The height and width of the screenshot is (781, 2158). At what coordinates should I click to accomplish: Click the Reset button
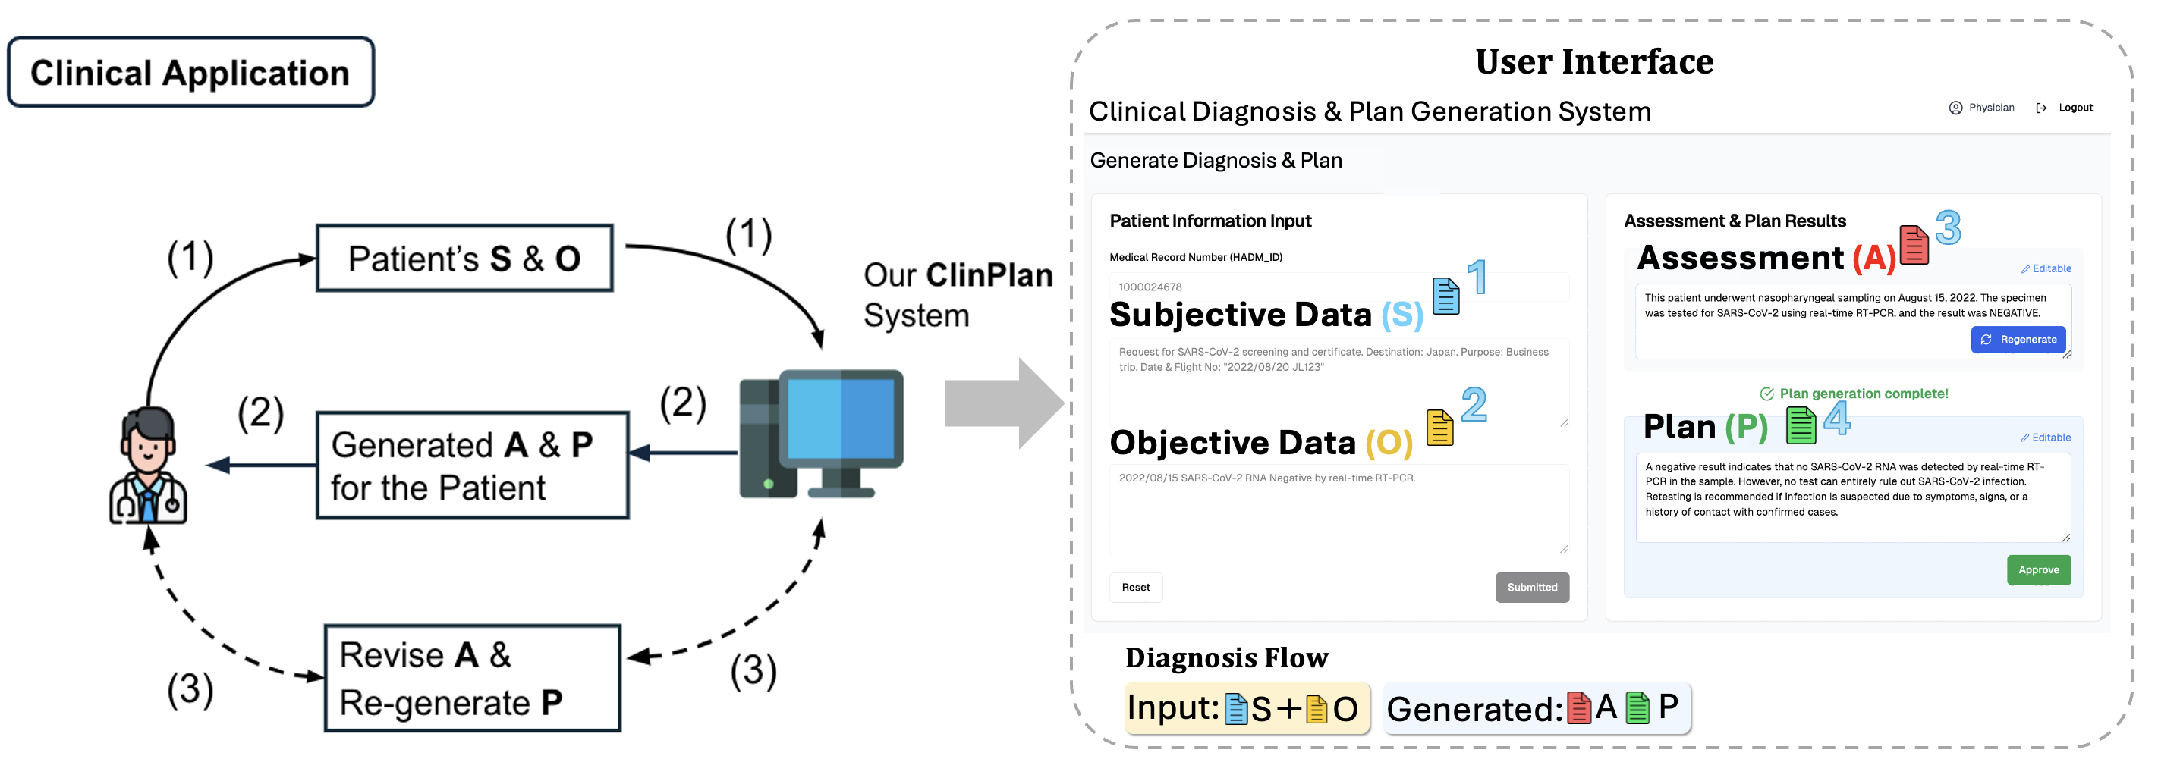click(1135, 587)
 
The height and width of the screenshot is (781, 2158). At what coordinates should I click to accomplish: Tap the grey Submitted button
click(1531, 587)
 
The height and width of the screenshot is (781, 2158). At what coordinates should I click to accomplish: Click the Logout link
click(2075, 108)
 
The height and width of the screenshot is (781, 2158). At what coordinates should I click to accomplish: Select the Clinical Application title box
click(190, 73)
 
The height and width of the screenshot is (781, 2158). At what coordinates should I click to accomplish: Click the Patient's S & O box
click(464, 259)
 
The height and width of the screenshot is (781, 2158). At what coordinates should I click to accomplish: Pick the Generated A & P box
click(472, 466)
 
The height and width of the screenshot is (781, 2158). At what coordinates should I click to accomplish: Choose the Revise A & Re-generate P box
click(472, 678)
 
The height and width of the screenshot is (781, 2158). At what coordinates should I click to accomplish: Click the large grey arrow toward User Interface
click(1002, 403)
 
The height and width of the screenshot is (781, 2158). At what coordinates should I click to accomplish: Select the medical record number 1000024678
click(1150, 287)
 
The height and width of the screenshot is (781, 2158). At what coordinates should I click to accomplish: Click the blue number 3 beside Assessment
click(1948, 227)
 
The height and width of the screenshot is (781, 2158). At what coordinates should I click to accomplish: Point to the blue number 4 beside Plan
click(1836, 418)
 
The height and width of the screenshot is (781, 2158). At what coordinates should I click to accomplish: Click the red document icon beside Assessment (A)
click(1914, 245)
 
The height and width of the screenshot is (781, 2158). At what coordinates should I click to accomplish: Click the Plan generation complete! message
click(1863, 394)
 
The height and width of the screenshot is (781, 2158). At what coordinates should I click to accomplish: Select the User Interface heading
click(1593, 62)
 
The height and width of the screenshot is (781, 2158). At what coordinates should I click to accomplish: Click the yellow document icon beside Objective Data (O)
click(1439, 428)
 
